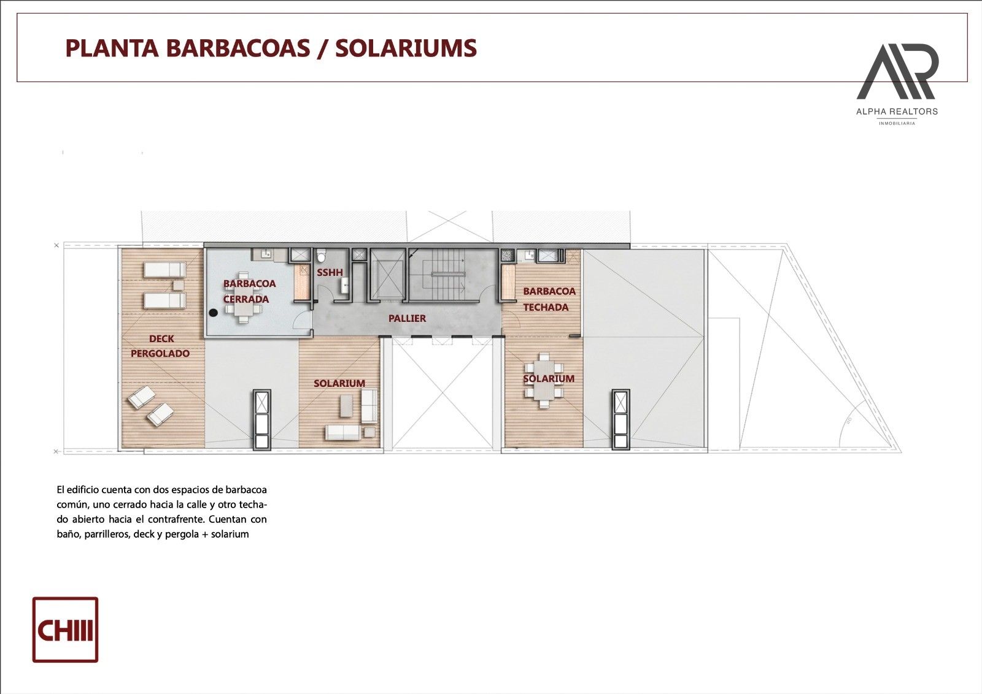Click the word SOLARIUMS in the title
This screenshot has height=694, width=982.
406,48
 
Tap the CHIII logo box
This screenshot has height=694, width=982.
65,630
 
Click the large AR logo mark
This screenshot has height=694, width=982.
897,72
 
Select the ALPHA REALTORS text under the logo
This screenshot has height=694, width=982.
897,112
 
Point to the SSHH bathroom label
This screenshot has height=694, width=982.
330,272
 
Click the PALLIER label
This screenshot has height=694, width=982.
408,318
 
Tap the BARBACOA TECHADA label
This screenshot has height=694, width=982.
549,299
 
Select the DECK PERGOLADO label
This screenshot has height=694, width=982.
160,346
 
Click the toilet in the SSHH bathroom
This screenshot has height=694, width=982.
322,256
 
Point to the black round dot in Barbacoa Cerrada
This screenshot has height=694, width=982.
214,313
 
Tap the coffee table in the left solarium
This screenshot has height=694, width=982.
346,406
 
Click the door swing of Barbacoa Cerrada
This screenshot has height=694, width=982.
301,326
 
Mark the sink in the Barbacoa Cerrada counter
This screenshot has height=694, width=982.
265,254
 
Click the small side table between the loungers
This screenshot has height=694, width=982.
179,285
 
